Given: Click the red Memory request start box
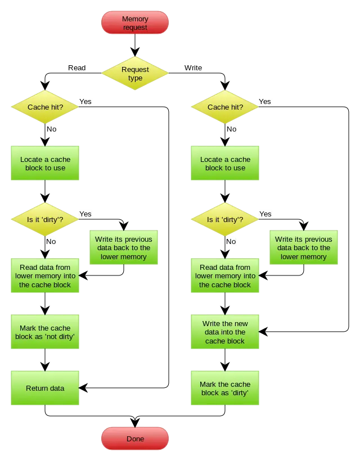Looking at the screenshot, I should [x=135, y=23].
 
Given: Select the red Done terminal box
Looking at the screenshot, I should [x=135, y=439].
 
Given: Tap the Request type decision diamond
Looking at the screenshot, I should [x=135, y=74].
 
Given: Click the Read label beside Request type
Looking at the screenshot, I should [x=77, y=67].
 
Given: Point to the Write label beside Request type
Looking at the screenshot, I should [x=193, y=67].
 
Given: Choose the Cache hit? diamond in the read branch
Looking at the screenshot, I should [x=45, y=107].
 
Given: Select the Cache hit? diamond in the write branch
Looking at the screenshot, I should [x=225, y=107].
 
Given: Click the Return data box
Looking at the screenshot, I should [x=45, y=388].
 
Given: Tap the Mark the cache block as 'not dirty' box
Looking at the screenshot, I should [x=45, y=332].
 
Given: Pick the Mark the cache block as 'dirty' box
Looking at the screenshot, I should [x=225, y=388].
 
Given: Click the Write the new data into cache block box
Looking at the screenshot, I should [x=225, y=332].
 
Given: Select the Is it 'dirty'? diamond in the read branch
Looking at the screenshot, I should [x=45, y=219].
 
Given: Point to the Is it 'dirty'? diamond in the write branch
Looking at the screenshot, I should [x=225, y=219].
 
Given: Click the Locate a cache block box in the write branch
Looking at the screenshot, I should [x=225, y=164].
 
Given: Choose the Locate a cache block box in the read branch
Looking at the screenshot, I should [x=45, y=164].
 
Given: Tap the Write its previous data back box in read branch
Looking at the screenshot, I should [x=124, y=248].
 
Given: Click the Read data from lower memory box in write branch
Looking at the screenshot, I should [x=225, y=276].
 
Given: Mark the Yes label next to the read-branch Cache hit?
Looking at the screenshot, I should [x=85, y=102].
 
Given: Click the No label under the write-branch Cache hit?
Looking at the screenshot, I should [x=231, y=129].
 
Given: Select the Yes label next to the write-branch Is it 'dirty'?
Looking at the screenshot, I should [x=265, y=214].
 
